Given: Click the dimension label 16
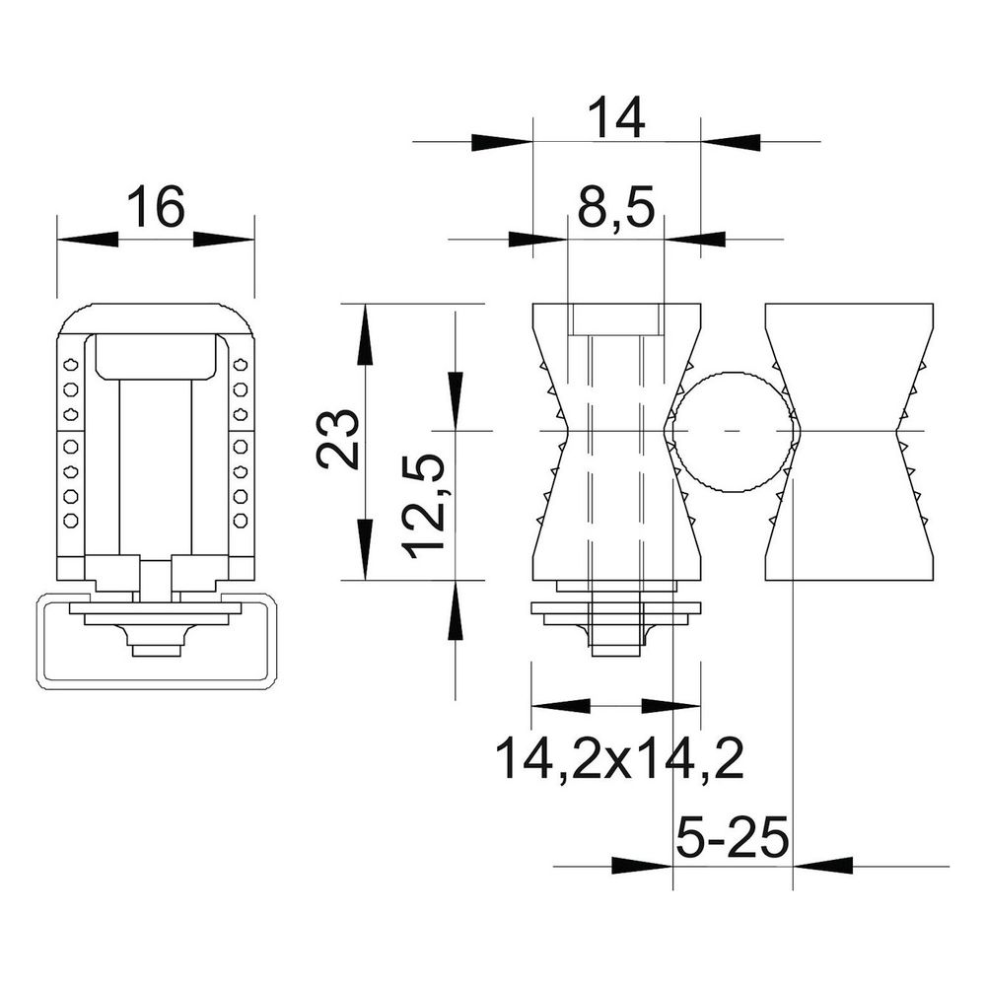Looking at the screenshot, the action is [x=156, y=206].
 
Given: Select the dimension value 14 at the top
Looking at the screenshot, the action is [x=616, y=117].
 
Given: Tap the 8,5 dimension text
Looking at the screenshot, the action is [x=616, y=207].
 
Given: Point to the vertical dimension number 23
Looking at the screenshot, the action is [x=338, y=439].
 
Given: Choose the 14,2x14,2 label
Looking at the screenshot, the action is [x=619, y=759].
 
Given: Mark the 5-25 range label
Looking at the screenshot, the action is [x=733, y=838].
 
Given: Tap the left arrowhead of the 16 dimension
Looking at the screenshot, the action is [x=88, y=239].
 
